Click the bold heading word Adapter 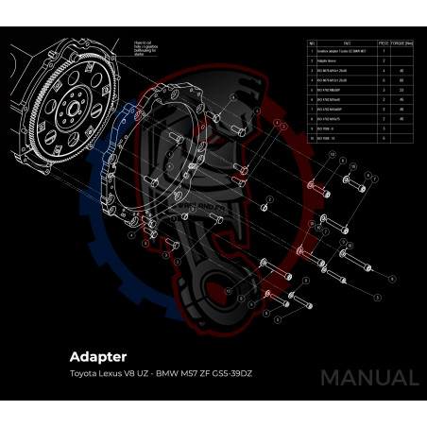click(98, 357)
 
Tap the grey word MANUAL click(368, 377)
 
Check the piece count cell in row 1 click(384, 51)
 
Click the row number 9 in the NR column click(312, 129)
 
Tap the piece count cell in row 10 click(384, 139)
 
